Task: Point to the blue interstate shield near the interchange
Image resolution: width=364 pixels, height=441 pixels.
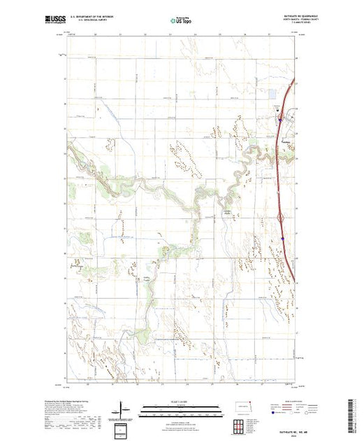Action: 284,238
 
